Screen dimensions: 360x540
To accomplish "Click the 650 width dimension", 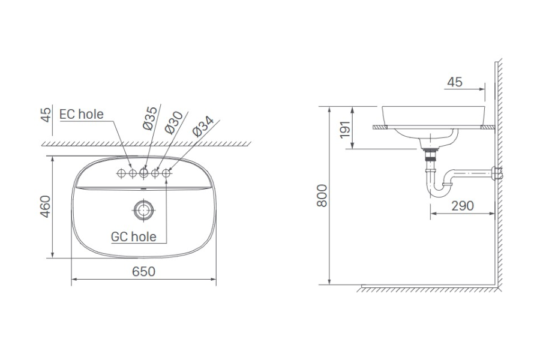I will coord(143,271).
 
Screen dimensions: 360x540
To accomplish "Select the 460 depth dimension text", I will coord(45,207).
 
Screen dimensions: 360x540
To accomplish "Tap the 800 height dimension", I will coord(322,196).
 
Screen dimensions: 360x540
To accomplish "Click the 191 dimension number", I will coord(344,128).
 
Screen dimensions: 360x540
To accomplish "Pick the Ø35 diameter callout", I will coord(151,118).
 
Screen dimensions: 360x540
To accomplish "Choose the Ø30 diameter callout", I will coord(174,122).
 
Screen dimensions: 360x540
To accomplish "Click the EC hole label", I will coord(82,114).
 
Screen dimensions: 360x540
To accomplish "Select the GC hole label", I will coord(133,236).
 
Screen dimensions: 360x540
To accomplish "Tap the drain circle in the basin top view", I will coord(143,209).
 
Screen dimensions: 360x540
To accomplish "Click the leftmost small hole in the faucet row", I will coord(121,173).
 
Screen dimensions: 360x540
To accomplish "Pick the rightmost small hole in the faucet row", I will coord(166,173).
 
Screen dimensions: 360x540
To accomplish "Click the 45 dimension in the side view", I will coord(455,82).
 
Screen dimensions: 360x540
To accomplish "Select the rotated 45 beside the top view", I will coord(45,115).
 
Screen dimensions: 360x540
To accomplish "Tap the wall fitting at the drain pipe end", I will coord(496,174).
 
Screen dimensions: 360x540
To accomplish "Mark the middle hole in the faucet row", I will coord(144,173).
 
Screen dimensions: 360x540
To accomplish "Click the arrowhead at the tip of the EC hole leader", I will coord(130,166).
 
